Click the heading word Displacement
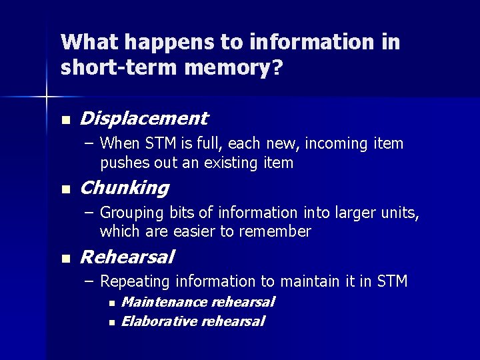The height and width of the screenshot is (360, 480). pos(143,119)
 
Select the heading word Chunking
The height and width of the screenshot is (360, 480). pos(124,188)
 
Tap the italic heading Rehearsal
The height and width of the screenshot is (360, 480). pos(127,257)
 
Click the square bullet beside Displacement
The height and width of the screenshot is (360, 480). pos(65,121)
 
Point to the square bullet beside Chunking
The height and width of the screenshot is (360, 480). pos(65,190)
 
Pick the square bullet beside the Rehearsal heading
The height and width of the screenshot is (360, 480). pos(65,259)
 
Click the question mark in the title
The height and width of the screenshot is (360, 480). pos(277,67)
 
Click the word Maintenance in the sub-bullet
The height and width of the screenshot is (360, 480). pos(164,302)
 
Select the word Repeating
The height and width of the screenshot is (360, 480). pos(132,282)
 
